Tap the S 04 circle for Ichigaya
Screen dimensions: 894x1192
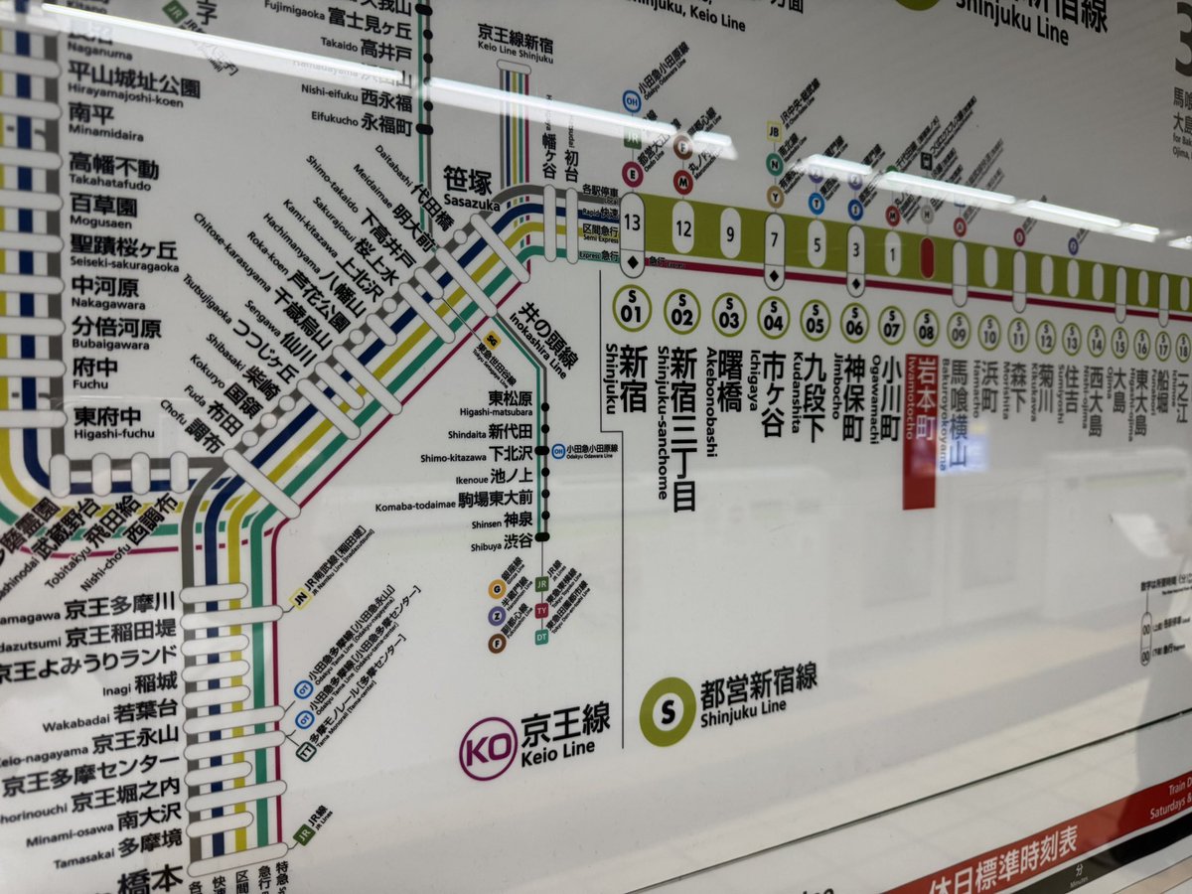click(774, 318)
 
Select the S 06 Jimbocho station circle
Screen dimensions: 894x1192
click(854, 323)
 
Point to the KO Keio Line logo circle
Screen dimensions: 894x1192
click(488, 748)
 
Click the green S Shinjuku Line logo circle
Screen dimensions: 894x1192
click(667, 711)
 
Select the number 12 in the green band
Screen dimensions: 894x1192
click(682, 227)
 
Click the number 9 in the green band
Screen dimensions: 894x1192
click(730, 233)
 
